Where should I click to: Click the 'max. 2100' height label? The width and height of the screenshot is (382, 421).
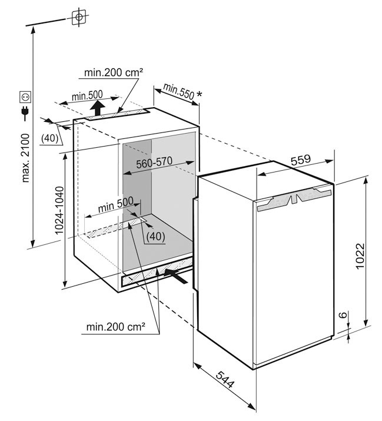coord(25,158)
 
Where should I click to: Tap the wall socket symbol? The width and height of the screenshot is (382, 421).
coord(25,97)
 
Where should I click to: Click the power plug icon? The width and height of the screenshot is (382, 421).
coord(25,113)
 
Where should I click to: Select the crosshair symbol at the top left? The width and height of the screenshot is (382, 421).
coord(79,17)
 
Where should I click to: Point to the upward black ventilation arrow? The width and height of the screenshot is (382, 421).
coord(97,108)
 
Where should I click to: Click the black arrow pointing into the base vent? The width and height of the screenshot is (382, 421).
coord(176,276)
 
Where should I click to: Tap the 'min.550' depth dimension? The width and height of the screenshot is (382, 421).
coord(178,91)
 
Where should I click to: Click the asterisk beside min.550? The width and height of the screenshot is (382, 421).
coord(199,95)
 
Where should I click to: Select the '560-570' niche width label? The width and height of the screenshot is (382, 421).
coord(154,163)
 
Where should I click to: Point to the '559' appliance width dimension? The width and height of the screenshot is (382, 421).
coord(301,160)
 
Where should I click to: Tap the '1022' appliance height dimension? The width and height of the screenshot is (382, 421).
coord(360,256)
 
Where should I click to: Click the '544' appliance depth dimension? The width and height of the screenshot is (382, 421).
coord(225,380)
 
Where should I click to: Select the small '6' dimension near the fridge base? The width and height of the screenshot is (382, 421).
coord(344,314)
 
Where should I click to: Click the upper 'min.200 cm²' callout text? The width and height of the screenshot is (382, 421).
coord(113,72)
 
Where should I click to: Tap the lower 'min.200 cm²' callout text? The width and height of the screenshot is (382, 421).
coord(116,327)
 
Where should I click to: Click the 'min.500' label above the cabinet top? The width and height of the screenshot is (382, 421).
coord(87,95)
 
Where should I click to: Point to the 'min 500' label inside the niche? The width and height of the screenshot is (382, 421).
coord(116,205)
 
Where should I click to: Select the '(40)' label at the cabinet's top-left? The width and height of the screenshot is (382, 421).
coord(49,138)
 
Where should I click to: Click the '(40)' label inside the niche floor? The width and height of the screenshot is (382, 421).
coord(155,237)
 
